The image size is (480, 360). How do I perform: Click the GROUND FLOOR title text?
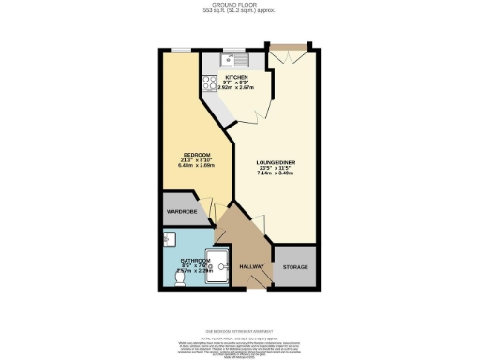239,4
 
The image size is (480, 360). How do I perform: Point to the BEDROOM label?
196,154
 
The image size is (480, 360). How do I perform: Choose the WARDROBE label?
180,212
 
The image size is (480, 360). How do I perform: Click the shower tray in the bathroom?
217,263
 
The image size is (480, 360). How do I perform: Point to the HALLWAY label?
250,267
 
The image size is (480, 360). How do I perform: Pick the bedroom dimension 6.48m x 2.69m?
196,167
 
